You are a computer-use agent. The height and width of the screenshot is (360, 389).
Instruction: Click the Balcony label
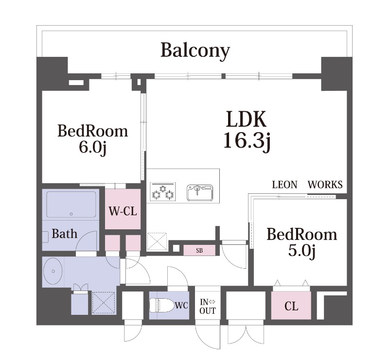[195, 50]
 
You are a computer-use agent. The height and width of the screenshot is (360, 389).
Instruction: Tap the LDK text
[246, 120]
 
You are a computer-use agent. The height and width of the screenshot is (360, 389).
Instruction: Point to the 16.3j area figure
[246, 140]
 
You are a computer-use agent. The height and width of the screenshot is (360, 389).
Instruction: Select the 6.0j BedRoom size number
[92, 147]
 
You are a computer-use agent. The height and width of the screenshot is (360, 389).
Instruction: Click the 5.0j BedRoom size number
[301, 251]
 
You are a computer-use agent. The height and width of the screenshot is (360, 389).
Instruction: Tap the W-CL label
[123, 212]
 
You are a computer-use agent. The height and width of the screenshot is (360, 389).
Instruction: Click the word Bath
[64, 234]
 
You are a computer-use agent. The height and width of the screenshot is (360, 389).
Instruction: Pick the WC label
[181, 306]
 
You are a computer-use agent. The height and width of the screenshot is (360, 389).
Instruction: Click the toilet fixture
[160, 306]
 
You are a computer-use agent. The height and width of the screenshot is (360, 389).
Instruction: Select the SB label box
[199, 251]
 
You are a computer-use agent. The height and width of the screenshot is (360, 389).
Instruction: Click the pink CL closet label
[291, 307]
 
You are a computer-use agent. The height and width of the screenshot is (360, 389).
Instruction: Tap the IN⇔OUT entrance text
[208, 307]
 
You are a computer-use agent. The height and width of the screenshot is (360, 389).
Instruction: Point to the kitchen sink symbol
[200, 192]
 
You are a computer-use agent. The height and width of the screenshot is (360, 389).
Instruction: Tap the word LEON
[284, 185]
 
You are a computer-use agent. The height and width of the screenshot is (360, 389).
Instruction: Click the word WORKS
[325, 185]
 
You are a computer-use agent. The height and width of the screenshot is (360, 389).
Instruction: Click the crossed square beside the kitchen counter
[157, 242]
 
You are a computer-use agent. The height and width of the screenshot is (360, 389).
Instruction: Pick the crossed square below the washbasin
[103, 302]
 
